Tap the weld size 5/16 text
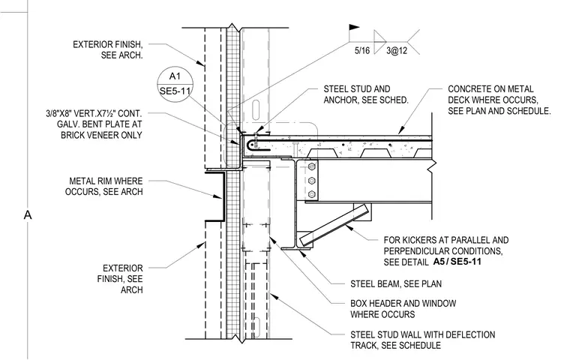pos(362,50)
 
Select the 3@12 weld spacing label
pos(397,50)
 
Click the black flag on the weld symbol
pos(354,27)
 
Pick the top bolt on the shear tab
pos(311,167)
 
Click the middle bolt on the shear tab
pos(311,181)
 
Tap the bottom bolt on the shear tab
pos(311,194)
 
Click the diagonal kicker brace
pos(334,224)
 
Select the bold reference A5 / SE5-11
pos(457,262)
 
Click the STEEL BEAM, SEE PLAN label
pos(396,283)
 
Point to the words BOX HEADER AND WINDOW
pos(403,303)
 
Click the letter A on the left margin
pos(28,215)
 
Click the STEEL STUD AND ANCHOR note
pos(366,94)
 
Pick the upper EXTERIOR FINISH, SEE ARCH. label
pos(108,49)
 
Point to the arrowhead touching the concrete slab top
pos(400,130)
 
